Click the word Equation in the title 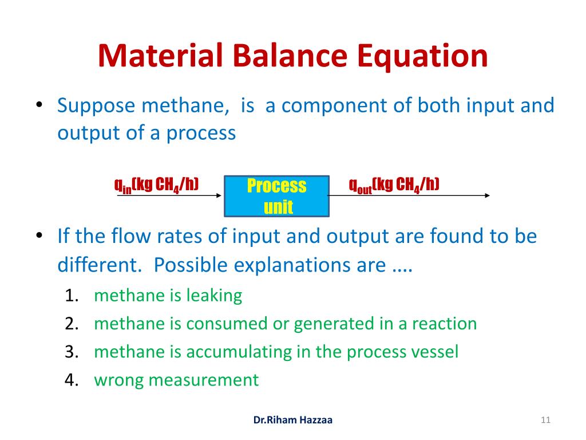coord(422,56)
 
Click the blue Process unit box coord(276,196)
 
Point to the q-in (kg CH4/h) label coord(156,185)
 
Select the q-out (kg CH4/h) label coord(394,185)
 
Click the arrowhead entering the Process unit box coord(219,195)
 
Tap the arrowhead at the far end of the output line coord(487,195)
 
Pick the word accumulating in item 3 coord(239,352)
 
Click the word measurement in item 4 coord(203,380)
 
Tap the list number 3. coord(72,352)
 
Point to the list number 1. coord(72,296)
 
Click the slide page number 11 coord(545,420)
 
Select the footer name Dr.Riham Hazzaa coord(292,420)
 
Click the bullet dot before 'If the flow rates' coord(39,235)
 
